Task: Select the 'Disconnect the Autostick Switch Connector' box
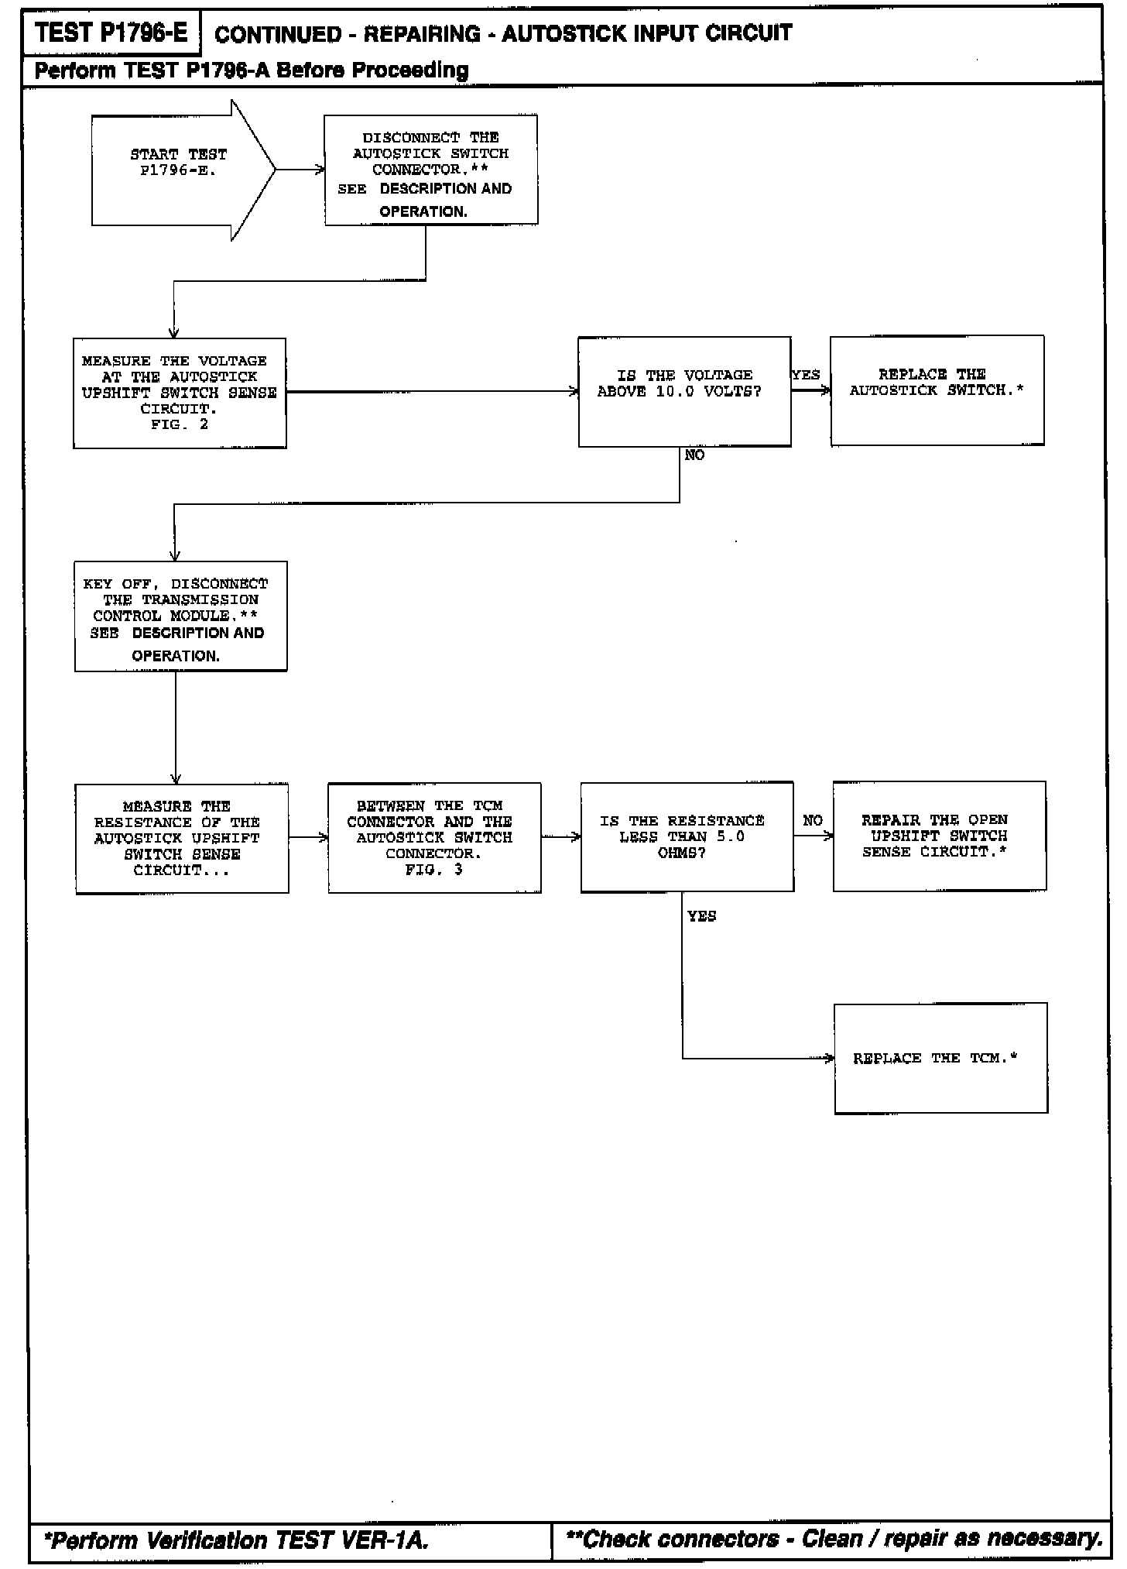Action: [430, 170]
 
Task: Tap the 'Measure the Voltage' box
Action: [180, 393]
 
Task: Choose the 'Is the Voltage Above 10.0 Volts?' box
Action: [684, 392]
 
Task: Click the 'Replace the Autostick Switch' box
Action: [937, 390]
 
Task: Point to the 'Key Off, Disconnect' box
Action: [180, 616]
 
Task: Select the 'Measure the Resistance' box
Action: [182, 838]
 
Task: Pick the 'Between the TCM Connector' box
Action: [434, 838]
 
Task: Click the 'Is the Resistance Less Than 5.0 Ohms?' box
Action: [687, 836]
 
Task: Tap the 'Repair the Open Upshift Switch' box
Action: [939, 836]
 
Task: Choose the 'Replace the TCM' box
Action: [940, 1058]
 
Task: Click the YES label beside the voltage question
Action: [806, 375]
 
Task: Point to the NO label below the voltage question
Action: [694, 455]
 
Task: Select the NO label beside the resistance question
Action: [813, 821]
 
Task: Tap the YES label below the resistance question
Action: [702, 916]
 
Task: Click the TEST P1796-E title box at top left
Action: [111, 33]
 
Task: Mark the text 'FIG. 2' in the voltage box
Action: [180, 424]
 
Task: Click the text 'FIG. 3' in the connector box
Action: [433, 870]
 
